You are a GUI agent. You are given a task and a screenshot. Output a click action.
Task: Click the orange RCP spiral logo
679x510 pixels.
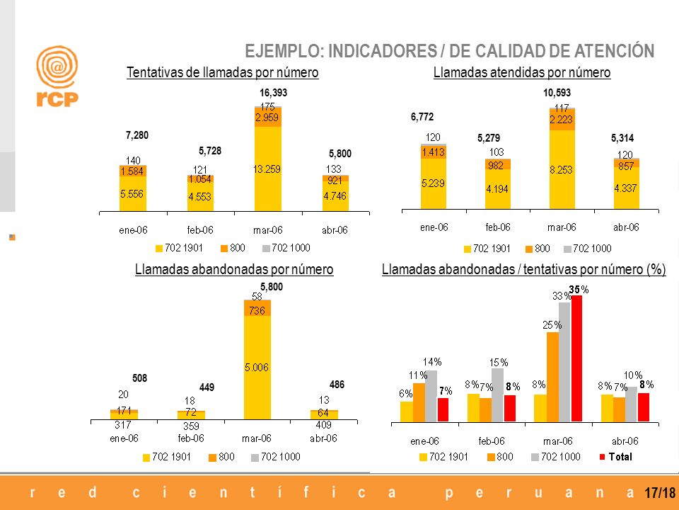[57, 67]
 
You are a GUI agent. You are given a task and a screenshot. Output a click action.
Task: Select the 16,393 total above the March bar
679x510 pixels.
[273, 93]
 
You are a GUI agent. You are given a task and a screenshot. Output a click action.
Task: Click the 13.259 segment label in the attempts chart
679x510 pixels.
[267, 169]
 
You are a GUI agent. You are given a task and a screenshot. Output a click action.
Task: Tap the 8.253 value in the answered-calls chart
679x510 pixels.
[561, 170]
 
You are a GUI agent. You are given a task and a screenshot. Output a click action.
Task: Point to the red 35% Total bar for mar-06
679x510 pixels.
[577, 358]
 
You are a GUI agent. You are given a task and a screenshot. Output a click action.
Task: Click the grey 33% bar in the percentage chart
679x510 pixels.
[564, 362]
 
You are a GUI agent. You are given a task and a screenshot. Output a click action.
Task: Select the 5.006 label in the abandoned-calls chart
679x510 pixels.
[257, 368]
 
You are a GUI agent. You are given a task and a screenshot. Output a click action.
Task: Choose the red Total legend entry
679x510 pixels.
[616, 457]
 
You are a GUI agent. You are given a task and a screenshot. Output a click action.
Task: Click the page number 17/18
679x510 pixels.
[660, 493]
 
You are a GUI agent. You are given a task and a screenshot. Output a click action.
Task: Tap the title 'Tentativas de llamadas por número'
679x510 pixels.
[223, 72]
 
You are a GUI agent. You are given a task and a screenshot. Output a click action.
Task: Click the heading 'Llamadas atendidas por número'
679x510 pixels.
[522, 72]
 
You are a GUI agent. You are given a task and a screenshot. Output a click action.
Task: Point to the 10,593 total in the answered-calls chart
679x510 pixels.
[557, 93]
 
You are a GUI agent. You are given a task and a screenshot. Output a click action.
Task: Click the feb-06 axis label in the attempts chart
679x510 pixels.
[200, 229]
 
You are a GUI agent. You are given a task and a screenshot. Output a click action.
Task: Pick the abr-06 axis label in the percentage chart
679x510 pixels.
[625, 441]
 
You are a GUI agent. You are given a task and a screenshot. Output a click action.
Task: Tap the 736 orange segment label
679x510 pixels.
[257, 310]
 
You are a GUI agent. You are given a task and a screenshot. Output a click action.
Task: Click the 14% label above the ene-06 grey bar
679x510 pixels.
[432, 362]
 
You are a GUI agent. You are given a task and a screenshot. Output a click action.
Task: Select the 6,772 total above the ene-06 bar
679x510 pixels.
[422, 117]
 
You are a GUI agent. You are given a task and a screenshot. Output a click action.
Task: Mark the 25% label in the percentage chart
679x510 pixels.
[552, 325]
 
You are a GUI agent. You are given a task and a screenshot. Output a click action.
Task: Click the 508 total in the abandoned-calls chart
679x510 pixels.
[139, 378]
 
